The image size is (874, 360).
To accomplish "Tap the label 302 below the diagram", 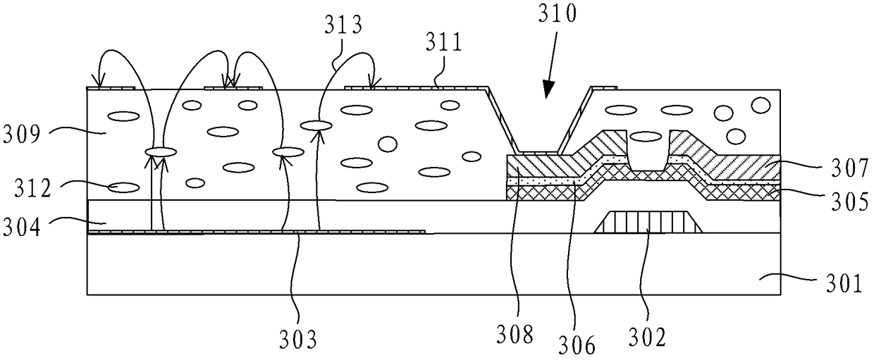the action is point(647,337).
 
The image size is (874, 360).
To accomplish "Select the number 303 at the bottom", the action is point(297,340).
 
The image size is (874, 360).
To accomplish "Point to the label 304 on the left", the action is point(21,227).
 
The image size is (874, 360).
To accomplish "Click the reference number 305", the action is point(850,201).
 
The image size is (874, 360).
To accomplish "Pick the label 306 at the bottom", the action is point(577,345).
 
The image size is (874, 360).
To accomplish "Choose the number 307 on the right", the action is point(850,168).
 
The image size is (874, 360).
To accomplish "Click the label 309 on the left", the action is point(21,135).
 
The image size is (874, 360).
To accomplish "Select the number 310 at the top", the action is point(557,13).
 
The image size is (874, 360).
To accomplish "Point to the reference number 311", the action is point(443,42).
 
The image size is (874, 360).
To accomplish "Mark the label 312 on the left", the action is point(33,188).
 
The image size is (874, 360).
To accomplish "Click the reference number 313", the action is point(344,25).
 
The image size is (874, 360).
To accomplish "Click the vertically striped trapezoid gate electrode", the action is point(648,223).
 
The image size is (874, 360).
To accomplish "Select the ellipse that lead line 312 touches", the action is point(123,187).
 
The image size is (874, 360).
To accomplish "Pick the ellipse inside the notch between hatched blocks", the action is point(646,137).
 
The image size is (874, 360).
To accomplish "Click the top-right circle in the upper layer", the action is point(761,105).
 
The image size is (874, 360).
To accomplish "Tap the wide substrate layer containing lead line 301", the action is point(433,264).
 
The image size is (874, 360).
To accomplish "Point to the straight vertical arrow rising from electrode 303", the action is point(152,192).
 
